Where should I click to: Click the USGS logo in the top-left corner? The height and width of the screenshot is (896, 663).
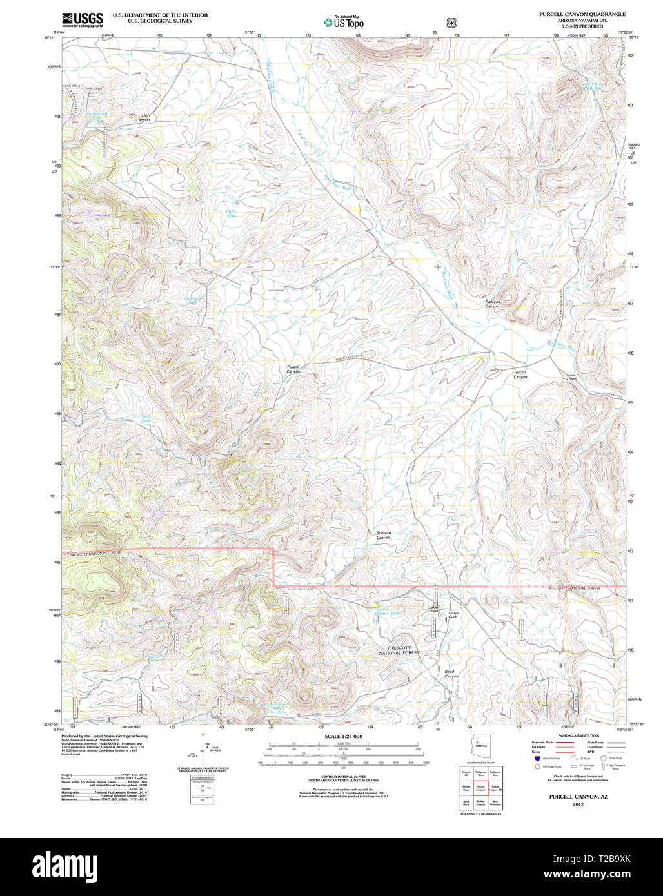tap(82, 19)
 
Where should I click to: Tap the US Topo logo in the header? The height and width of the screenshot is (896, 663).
tap(344, 23)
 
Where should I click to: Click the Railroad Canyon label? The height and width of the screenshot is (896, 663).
tap(492, 304)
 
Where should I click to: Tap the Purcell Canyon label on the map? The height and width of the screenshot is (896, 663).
tap(293, 369)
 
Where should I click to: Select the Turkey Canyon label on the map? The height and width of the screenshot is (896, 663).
tap(520, 375)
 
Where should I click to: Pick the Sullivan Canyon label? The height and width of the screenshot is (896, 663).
tap(384, 535)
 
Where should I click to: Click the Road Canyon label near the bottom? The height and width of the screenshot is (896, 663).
tap(451, 674)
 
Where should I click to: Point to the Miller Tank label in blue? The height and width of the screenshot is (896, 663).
tap(230, 213)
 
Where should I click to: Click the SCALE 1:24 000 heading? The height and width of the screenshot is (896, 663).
tap(343, 736)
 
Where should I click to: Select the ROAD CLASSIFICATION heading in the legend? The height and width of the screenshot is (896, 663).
tap(577, 735)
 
